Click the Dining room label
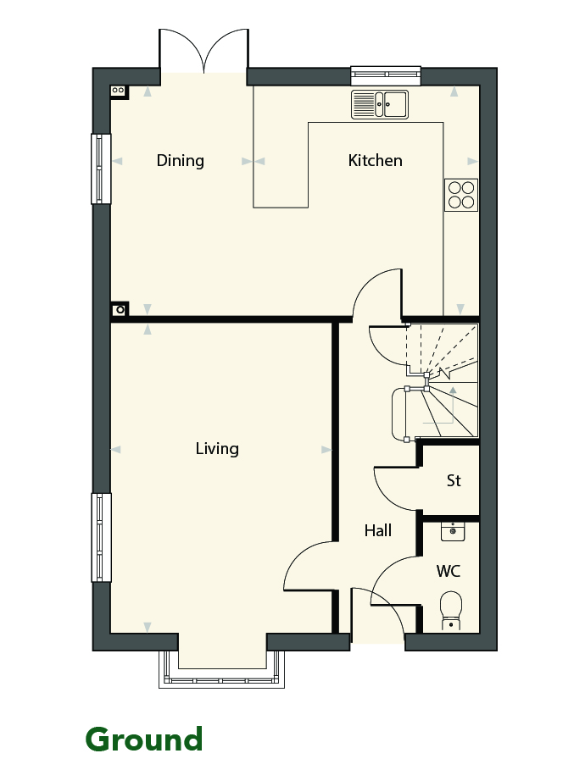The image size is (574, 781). tap(180, 161)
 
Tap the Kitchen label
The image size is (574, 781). tap(375, 160)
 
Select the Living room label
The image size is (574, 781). tap(217, 449)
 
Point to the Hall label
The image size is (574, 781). tap(377, 530)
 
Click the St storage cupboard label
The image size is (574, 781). tap(454, 480)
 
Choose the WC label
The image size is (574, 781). tap(449, 571)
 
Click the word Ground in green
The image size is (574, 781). tap(144, 739)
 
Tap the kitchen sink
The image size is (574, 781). tap(380, 104)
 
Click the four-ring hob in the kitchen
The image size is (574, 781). tap(460, 195)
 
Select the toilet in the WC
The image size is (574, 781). tap(451, 610)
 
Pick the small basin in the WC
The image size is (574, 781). tap(453, 531)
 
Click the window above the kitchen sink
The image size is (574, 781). tap(386, 76)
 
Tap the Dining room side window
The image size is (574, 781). tap(100, 169)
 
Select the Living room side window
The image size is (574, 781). tap(101, 537)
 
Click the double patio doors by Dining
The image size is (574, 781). tap(203, 51)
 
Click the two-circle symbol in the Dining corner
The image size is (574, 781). tap(118, 91)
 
